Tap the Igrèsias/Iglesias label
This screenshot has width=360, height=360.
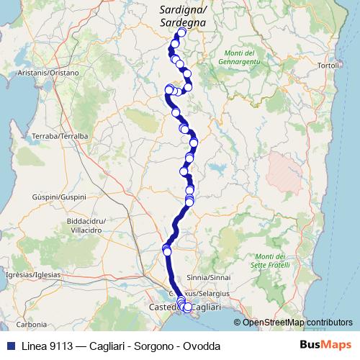point(27,274)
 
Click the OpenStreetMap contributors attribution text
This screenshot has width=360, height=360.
point(297,322)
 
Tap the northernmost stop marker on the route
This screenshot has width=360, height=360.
point(181,32)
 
